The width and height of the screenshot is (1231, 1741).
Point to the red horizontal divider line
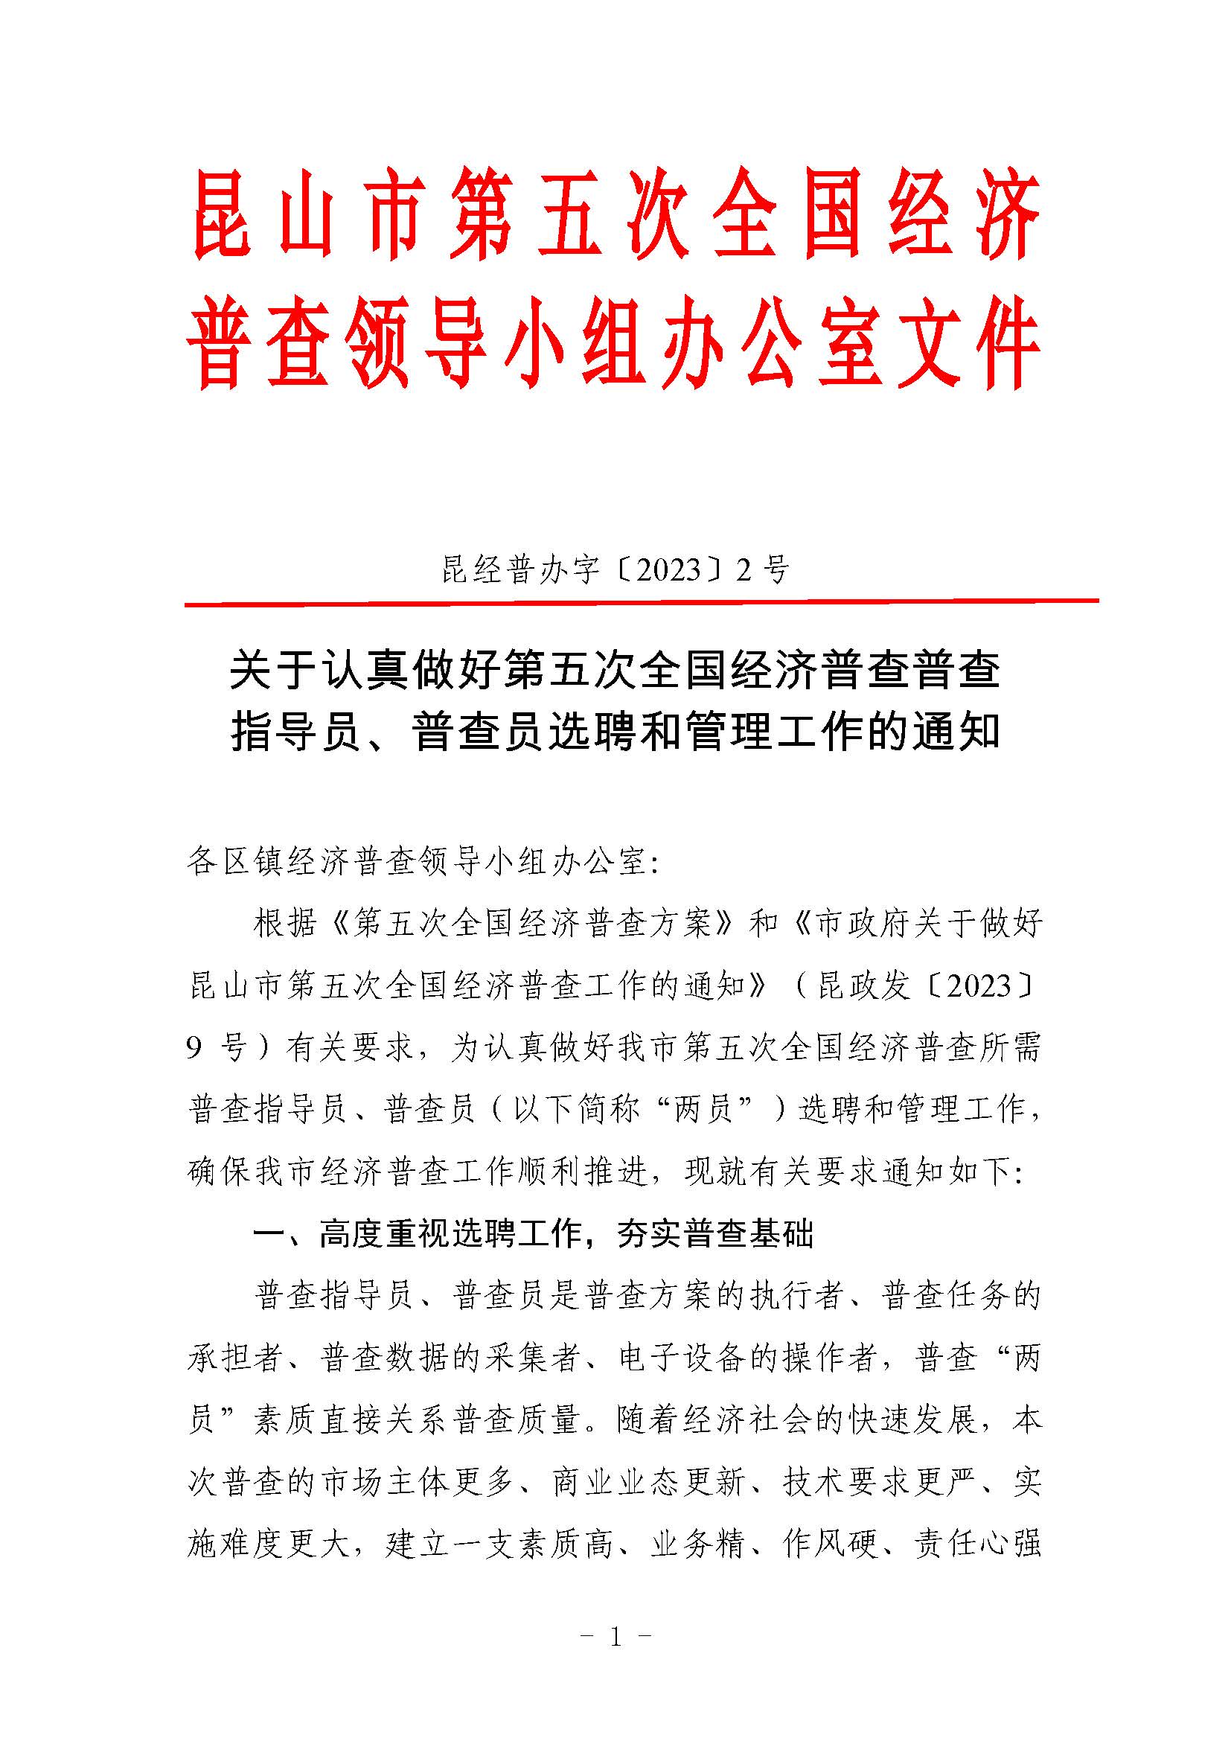coord(642,603)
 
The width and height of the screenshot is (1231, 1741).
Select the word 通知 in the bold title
coord(956,731)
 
